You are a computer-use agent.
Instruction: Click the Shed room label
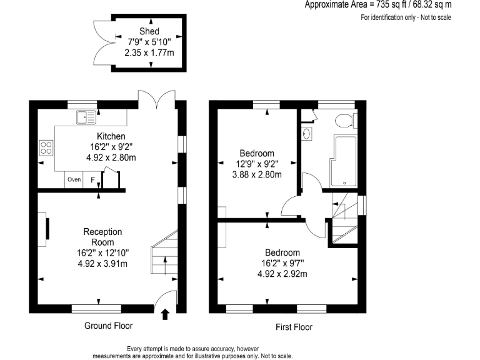tap(149, 31)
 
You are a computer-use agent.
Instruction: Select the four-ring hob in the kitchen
tap(46, 148)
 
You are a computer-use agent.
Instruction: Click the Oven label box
tap(74, 180)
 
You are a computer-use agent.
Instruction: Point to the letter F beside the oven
tap(93, 180)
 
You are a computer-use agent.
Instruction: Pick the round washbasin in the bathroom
tap(306, 133)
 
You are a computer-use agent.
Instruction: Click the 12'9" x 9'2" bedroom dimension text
tap(257, 164)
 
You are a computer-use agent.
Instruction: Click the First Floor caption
tap(294, 327)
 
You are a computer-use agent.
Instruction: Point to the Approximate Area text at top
tap(377, 5)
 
